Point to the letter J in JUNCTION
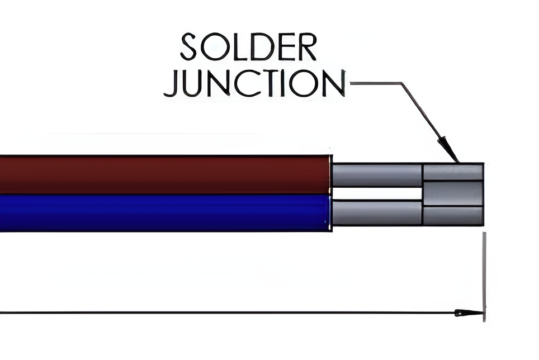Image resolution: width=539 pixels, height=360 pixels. pos(176,84)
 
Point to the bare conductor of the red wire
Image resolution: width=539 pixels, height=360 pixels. pos(376,175)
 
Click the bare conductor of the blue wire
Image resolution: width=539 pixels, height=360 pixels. pos(376,213)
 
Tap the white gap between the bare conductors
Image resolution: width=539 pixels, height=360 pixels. pos(376,194)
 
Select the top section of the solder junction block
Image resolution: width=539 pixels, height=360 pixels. pos(452,172)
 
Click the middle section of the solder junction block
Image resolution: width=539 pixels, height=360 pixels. pos(452,193)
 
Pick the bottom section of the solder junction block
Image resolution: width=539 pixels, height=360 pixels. pos(452,216)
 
